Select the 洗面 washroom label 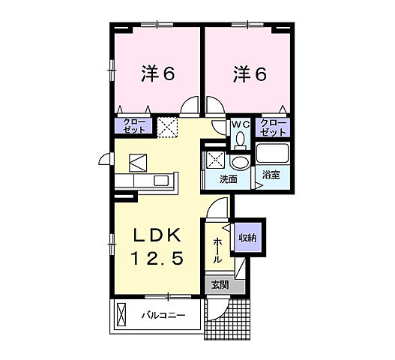click(x=228, y=180)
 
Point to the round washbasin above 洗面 click(x=240, y=162)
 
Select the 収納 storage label click(x=247, y=238)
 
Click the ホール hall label click(x=217, y=250)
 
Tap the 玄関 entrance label click(x=220, y=285)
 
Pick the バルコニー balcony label click(x=164, y=316)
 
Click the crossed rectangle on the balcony click(x=121, y=316)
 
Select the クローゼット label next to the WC click(x=272, y=127)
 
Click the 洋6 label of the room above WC click(x=250, y=73)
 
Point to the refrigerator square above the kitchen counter click(x=139, y=162)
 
